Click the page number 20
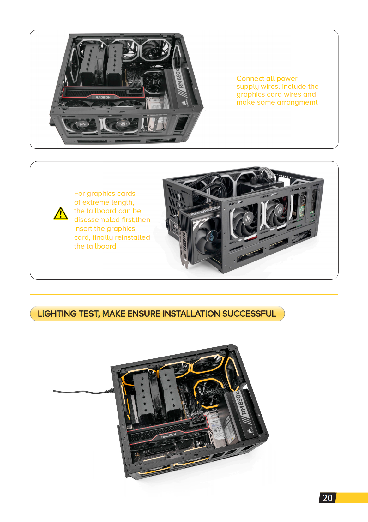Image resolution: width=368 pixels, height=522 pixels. pos(327,498)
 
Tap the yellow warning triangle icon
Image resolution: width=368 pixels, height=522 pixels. pos(61,214)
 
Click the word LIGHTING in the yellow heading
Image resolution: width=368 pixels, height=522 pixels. pos(57,314)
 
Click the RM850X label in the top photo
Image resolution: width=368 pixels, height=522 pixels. pos(179,79)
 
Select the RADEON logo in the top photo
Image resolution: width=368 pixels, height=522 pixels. pos(103,97)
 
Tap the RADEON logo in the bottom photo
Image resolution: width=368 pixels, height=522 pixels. pos(168,436)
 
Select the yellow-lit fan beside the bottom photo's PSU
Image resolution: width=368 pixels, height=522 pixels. pos(207,393)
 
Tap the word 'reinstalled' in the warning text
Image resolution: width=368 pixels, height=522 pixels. pos(132,237)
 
